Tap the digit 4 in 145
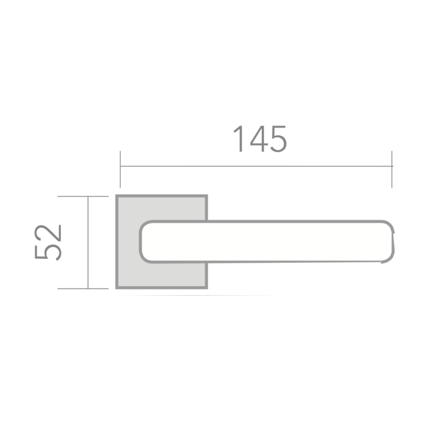point(258,139)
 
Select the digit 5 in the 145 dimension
point(278,139)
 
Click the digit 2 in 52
point(48,233)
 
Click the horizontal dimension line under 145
point(256,166)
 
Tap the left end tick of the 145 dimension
point(120,169)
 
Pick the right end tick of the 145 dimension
point(392,169)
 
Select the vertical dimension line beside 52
point(88,242)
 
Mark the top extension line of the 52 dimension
point(83,196)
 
